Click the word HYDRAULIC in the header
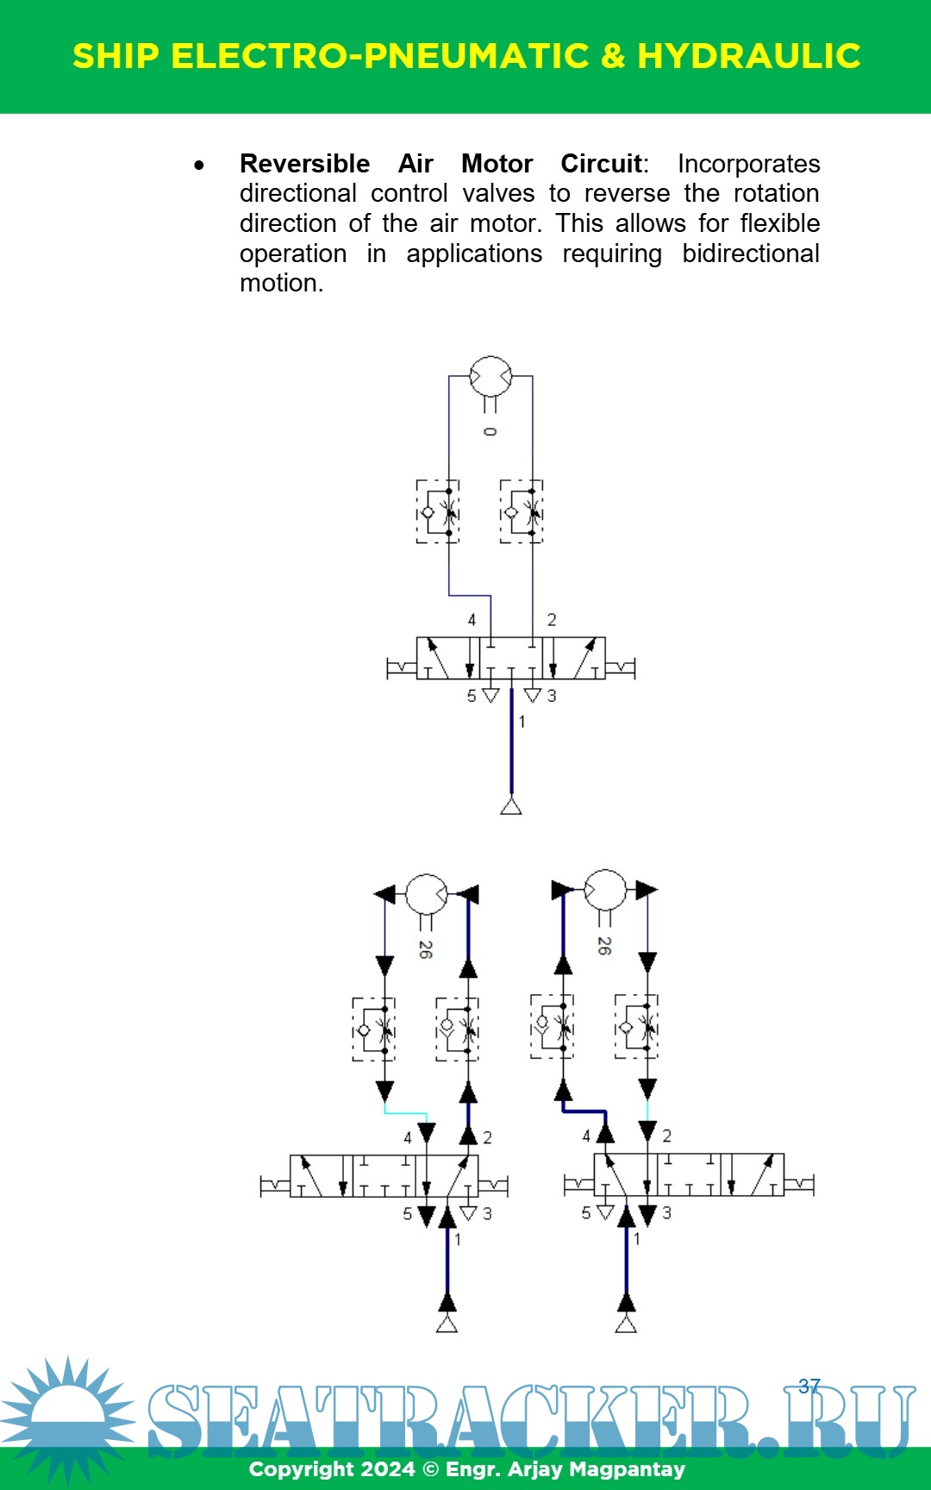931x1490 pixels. click(x=748, y=56)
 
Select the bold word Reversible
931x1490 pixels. click(x=304, y=164)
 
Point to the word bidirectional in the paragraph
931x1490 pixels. click(x=750, y=254)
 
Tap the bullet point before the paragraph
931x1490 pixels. click(x=200, y=165)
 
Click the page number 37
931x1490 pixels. click(x=809, y=1386)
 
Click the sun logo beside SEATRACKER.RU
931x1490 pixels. click(x=67, y=1414)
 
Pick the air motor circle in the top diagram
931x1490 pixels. click(x=490, y=377)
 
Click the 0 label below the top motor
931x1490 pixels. click(x=490, y=431)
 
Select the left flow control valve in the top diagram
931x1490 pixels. click(x=438, y=512)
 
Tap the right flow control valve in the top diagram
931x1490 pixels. click(x=522, y=512)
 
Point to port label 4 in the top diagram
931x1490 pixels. click(x=472, y=620)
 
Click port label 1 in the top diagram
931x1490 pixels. click(x=522, y=722)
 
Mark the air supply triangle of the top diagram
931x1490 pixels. click(x=511, y=806)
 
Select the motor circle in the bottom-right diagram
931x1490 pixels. click(x=605, y=890)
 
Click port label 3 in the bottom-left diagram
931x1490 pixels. click(x=487, y=1214)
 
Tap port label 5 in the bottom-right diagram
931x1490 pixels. click(x=586, y=1213)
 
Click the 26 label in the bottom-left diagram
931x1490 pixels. click(x=425, y=949)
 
